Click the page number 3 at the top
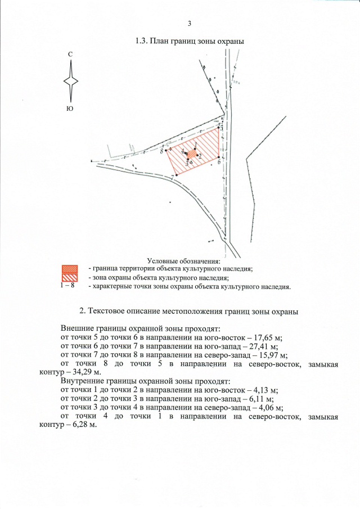click(190, 23)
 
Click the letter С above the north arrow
click(70, 54)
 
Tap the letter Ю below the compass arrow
click(70, 108)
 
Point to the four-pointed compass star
click(71, 81)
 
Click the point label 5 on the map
click(221, 129)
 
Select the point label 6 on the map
click(218, 162)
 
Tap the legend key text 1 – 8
click(67, 286)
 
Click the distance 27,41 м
click(269, 346)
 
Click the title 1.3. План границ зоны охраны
click(190, 42)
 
